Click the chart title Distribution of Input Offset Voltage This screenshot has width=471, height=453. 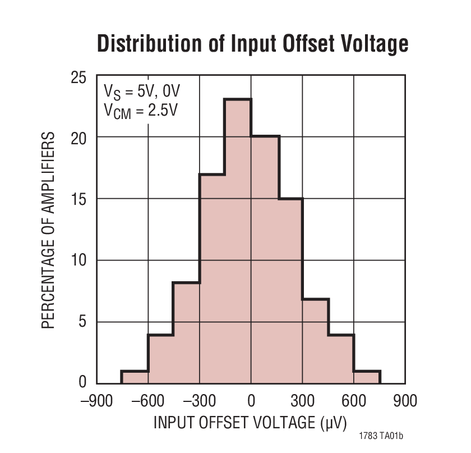pos(252,44)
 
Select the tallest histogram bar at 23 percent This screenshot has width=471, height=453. pos(238,241)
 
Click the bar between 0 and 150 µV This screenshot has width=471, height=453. pos(265,258)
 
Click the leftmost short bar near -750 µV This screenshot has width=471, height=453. pos(135,378)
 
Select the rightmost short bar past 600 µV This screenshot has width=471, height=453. pos(367,378)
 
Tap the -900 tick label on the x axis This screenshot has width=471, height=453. pos(96,401)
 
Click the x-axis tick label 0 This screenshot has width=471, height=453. pos(251,401)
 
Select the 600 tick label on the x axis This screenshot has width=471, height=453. pos(353,401)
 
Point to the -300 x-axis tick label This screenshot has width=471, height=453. pos(199,401)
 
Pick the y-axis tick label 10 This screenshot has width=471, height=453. pos(78,260)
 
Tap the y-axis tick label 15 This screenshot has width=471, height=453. pos(78,199)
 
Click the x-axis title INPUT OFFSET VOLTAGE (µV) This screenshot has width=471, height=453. pos(250,422)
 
